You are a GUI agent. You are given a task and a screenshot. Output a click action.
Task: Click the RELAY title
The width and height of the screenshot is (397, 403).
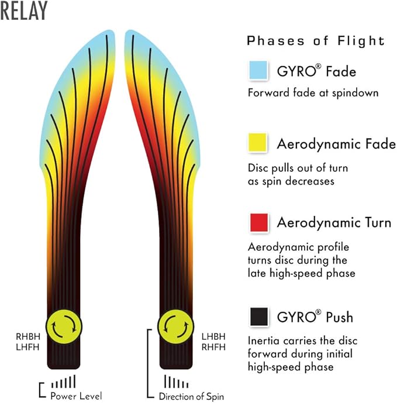(x=24, y=11)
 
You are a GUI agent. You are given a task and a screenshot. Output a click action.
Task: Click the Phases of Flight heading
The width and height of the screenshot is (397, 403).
(x=316, y=41)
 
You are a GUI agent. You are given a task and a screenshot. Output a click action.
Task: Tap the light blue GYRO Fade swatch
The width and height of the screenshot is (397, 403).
(x=258, y=70)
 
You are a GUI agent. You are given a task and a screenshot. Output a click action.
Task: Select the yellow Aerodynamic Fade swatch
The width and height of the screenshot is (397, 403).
(x=257, y=142)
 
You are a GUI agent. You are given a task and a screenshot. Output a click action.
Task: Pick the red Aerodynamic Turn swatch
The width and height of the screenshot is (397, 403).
(x=259, y=222)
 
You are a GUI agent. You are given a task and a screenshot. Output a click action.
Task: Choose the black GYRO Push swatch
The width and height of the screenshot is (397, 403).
(x=259, y=316)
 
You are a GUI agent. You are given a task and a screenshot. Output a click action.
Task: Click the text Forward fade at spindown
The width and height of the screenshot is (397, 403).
(x=313, y=93)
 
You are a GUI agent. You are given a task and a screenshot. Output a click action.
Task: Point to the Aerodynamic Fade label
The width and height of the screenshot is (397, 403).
(x=336, y=144)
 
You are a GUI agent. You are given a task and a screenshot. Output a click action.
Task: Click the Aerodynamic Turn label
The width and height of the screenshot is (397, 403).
(x=334, y=222)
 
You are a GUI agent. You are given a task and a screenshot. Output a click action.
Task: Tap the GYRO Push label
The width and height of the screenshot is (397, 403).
(x=315, y=316)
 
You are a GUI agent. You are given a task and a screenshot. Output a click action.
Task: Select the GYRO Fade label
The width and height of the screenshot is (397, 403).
(x=316, y=71)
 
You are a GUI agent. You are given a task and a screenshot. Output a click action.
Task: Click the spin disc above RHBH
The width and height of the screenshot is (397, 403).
(x=64, y=326)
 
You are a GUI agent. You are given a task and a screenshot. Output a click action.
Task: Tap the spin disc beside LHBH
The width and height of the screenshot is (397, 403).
(x=176, y=326)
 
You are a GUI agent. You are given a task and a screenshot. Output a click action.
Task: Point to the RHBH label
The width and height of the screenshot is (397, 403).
(x=28, y=336)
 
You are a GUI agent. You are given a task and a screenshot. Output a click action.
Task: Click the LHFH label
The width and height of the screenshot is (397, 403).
(x=27, y=347)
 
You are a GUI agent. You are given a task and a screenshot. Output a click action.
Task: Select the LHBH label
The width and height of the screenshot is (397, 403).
(x=213, y=336)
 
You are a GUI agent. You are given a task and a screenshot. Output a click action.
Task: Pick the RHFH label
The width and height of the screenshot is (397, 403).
(x=213, y=347)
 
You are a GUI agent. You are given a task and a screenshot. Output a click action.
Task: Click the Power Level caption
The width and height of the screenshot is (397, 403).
(x=76, y=396)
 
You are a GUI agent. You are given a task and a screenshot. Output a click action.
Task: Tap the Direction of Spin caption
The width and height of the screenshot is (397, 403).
(x=191, y=397)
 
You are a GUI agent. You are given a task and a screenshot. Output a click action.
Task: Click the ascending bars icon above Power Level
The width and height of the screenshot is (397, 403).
(x=64, y=381)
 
